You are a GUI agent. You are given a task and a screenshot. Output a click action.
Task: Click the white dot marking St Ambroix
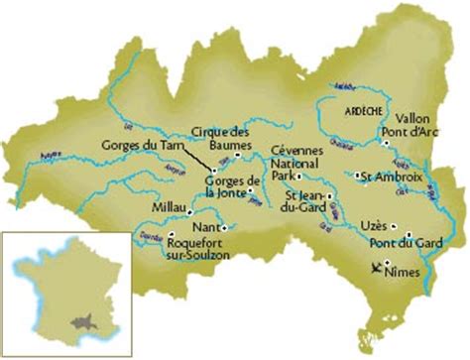(356, 177)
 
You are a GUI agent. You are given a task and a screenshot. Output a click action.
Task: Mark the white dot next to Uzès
(395, 224)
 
